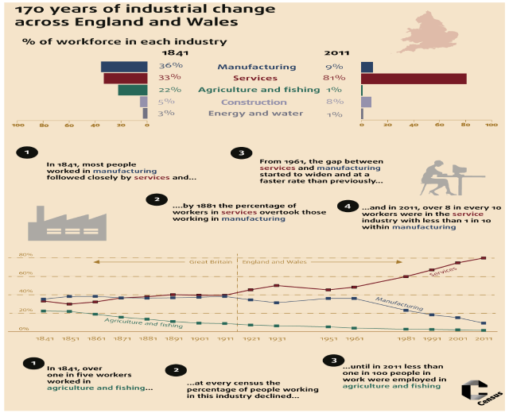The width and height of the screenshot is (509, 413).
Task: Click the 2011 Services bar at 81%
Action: pos(414,79)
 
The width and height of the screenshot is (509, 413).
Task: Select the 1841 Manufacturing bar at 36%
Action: pos(124,67)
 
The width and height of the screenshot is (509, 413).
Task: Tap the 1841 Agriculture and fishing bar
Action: pos(133,90)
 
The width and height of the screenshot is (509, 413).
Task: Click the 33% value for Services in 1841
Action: pos(170,78)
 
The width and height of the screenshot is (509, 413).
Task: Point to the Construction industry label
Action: pos(254,102)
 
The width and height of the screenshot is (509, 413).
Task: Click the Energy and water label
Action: pos(255,114)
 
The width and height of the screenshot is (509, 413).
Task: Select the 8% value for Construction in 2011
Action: pos(334,102)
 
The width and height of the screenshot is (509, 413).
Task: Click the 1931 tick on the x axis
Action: pos(277,338)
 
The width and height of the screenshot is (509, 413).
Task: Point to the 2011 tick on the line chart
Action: pos(483,338)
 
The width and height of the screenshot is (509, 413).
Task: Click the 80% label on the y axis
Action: pos(25,255)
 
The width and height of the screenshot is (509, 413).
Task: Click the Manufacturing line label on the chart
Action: pos(396,304)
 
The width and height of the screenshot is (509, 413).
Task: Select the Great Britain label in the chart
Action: pos(209,261)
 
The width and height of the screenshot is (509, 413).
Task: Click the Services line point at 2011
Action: pos(483,257)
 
